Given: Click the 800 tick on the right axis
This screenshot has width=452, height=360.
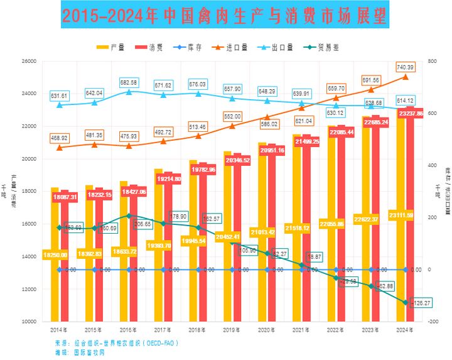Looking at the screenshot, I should (432, 62).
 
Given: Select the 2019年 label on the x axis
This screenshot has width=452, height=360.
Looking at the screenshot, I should (232, 329).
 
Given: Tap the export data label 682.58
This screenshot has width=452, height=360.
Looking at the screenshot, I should (129, 83).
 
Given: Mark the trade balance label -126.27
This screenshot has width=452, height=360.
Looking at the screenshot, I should (421, 303).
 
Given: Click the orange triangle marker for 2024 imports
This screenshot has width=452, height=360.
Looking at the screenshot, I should (405, 77).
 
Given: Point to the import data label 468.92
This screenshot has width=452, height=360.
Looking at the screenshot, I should (60, 138).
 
